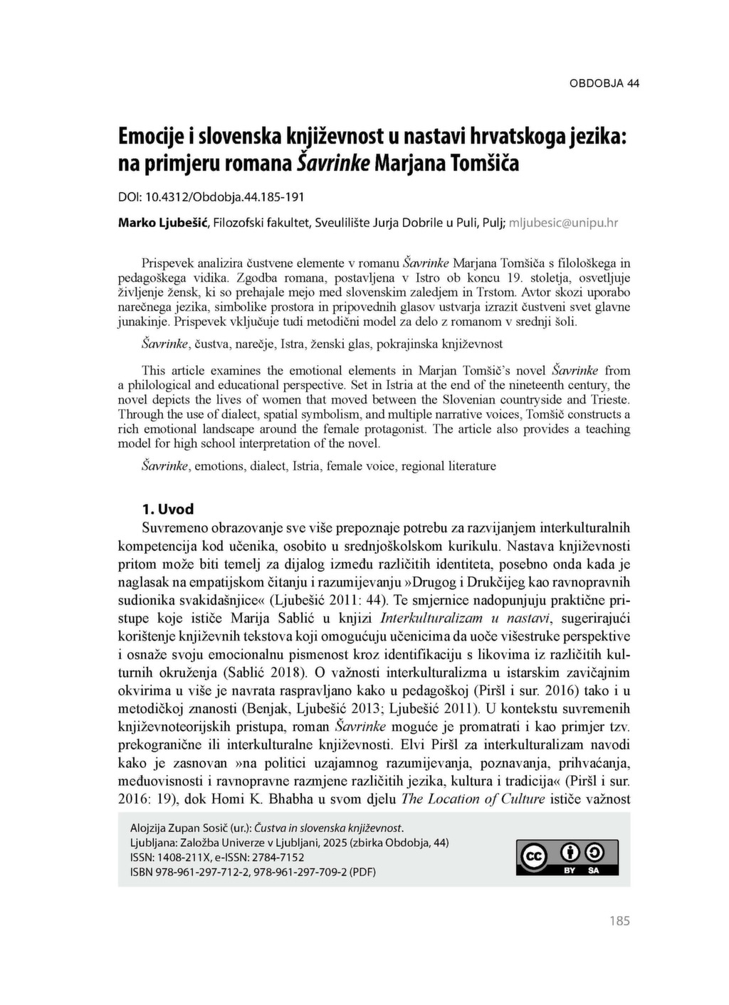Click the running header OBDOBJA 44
click(x=604, y=83)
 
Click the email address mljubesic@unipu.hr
click(x=563, y=223)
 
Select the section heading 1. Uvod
click(x=168, y=509)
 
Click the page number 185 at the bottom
click(x=619, y=921)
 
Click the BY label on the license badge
click(x=570, y=870)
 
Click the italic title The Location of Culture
click(x=473, y=799)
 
